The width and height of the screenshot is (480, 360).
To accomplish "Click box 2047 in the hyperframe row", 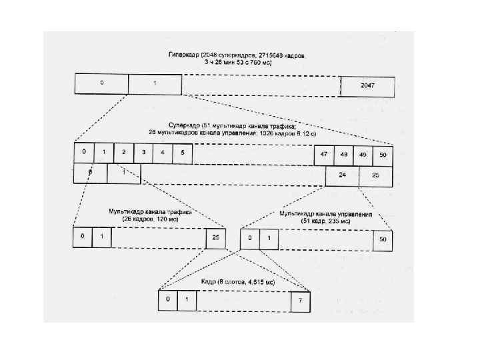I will coord(367,87).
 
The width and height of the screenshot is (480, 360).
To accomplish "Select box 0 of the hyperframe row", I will coord(101,84).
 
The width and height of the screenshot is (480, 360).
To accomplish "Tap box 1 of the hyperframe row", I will coord(154,84).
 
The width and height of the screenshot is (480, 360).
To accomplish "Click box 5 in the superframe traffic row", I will coord(183,153).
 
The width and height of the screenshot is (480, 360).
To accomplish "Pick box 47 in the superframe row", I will coord(324,155).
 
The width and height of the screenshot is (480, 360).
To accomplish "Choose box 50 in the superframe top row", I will coord(383,155).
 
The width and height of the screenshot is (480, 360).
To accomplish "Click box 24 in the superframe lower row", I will coord(342,176).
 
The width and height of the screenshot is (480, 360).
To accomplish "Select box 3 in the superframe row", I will coord(143,153).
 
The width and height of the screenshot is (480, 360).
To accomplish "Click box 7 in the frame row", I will coord(300,301).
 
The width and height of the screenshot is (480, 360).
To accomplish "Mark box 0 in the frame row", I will coord(168,301).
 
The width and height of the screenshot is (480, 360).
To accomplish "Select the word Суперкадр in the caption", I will coord(183,125).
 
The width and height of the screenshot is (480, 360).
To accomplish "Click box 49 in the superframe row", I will coord(363,155).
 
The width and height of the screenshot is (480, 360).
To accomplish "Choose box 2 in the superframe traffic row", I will coord(124,153).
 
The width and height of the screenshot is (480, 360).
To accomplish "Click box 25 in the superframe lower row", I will coord(375,176).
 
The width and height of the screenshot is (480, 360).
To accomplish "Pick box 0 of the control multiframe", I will coord(249,239).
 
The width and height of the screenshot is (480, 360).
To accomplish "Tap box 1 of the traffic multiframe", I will coord(101,237).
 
